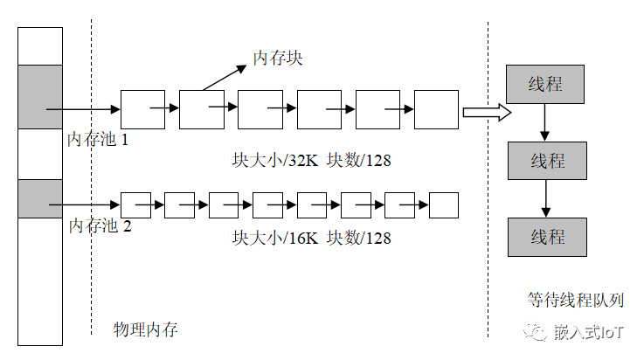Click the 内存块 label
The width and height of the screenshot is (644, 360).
click(x=277, y=58)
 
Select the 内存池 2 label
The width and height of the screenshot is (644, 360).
click(x=99, y=226)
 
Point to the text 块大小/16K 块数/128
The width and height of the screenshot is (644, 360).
click(x=311, y=237)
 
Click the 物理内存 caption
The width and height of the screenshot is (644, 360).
click(x=146, y=329)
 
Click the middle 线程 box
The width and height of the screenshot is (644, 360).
click(x=548, y=162)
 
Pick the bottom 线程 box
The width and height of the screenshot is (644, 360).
click(x=548, y=237)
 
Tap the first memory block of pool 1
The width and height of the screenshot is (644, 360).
click(x=142, y=109)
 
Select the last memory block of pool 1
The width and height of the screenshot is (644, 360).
click(x=436, y=109)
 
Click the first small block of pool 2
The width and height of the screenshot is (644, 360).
click(x=135, y=204)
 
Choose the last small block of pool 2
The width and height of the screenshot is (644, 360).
click(x=444, y=204)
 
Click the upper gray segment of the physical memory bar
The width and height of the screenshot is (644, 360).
click(x=40, y=96)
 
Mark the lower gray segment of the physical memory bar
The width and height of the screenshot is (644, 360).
click(x=40, y=198)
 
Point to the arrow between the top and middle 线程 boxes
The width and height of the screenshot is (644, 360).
click(x=545, y=122)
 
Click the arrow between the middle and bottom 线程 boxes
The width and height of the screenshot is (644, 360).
click(x=547, y=198)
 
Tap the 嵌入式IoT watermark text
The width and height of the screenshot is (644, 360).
click(x=588, y=332)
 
